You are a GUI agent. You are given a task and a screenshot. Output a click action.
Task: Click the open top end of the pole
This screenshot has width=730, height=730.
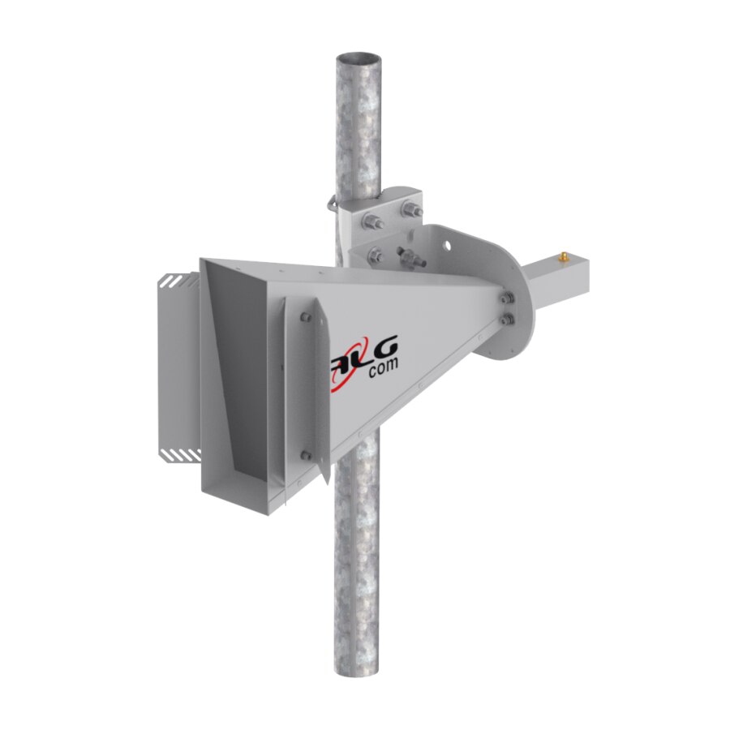[358, 59]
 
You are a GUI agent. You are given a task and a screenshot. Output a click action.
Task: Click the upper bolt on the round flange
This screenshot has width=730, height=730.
[508, 298]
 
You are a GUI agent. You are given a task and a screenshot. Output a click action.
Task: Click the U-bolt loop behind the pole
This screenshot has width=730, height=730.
[333, 203]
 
